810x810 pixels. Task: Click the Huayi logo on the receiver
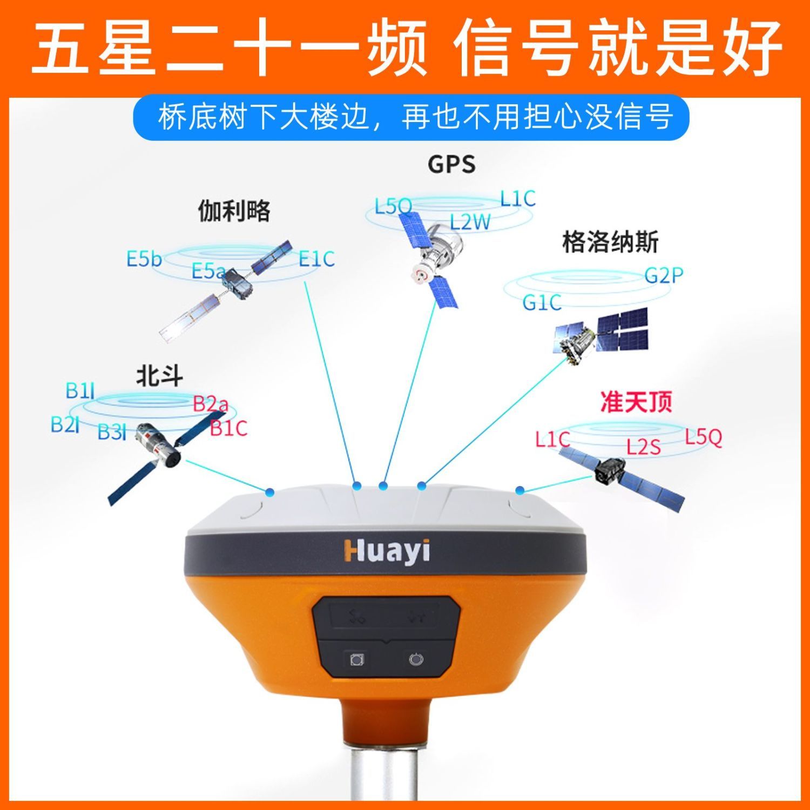[387, 551]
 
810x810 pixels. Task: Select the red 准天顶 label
[636, 402]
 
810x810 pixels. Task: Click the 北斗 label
[159, 376]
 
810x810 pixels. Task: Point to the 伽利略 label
[234, 211]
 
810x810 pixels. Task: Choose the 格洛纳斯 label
[610, 242]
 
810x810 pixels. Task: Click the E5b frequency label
[144, 260]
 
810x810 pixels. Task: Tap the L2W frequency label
[470, 222]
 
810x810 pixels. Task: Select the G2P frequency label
[664, 276]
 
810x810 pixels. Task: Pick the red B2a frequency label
[211, 403]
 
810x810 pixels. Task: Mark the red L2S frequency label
[643, 447]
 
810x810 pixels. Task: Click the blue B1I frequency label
[80, 390]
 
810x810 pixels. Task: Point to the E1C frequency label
[316, 259]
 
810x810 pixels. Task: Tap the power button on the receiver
[416, 659]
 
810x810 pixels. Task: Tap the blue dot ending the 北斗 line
[269, 492]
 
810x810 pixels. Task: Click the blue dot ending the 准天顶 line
[519, 490]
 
